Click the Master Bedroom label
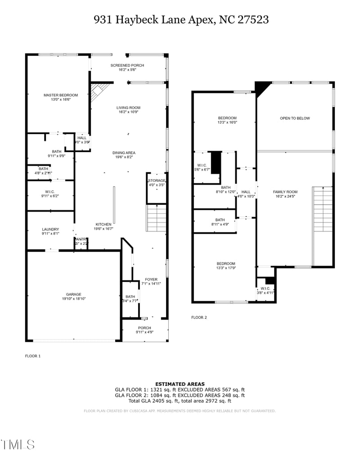(60, 95)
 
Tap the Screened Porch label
(127, 65)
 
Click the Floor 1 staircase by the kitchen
(157, 218)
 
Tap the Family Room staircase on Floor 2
(323, 210)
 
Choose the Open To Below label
(295, 118)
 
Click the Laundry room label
(50, 229)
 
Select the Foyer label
(151, 279)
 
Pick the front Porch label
(144, 328)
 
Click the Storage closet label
(157, 181)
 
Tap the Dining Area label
(124, 153)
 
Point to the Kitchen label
(103, 224)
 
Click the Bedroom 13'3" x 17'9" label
(225, 263)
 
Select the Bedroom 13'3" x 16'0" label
(227, 118)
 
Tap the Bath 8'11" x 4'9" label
(220, 220)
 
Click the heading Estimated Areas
(180, 384)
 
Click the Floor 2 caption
(199, 317)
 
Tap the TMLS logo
(18, 444)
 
